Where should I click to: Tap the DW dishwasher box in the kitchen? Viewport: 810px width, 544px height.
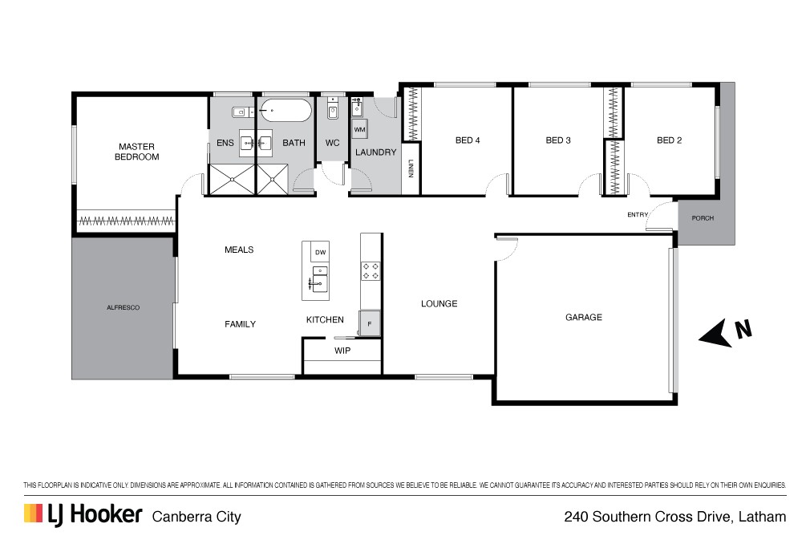coord(320,252)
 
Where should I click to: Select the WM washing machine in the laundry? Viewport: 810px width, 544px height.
coord(359,130)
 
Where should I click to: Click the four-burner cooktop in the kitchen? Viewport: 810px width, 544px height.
coord(371,271)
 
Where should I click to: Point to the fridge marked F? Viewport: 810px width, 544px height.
coord(370,324)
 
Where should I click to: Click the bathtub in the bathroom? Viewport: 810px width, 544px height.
coord(286,110)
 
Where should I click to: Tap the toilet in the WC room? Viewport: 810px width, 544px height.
coord(332,109)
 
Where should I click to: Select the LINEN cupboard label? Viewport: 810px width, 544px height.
coord(411,168)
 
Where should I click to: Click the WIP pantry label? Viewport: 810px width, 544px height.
coord(342,351)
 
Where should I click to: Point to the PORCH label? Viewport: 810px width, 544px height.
coord(703,218)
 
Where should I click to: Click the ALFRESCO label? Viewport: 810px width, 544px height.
coord(123,307)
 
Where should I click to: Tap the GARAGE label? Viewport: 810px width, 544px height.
coord(584,317)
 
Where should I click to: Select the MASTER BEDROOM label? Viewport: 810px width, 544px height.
coord(137,152)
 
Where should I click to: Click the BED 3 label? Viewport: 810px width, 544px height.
coord(558,140)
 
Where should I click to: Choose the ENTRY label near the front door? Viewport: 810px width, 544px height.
coord(638,214)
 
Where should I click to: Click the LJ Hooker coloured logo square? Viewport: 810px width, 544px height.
coord(33,513)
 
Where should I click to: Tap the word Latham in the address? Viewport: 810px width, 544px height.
coord(763,517)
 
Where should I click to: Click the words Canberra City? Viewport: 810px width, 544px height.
coord(196,518)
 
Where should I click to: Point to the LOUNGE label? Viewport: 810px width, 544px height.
coord(439,304)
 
